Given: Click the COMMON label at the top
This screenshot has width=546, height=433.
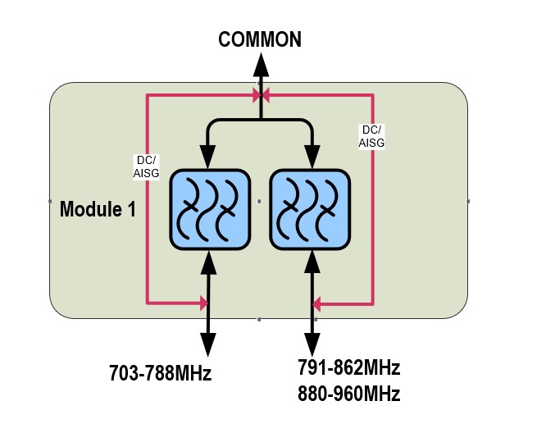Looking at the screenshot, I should [260, 39].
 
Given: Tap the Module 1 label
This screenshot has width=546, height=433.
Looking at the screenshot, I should [98, 209].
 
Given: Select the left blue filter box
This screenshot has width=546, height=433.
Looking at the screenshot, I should [208, 209].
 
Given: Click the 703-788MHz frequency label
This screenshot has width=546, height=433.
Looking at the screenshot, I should [161, 374].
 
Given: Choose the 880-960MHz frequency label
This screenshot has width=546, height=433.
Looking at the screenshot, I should [349, 394].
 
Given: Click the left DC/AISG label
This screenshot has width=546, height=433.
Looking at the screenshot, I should [146, 166].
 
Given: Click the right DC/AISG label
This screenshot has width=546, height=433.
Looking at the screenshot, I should [372, 135].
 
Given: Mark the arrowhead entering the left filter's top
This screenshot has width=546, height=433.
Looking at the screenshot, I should [208, 157].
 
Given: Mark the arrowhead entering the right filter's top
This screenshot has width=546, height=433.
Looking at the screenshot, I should [312, 157].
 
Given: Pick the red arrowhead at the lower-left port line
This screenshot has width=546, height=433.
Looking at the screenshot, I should [202, 304].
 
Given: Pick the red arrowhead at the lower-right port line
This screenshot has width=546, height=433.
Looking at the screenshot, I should [318, 304].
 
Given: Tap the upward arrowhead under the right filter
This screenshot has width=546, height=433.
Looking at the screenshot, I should [312, 262].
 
